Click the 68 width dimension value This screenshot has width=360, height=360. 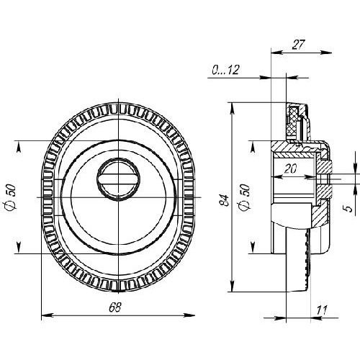[115, 307]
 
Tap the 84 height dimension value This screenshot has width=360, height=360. [225, 200]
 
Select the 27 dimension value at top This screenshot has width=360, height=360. [298, 45]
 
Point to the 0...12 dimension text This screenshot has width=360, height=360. [225, 70]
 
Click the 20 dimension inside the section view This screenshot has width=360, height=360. [290, 168]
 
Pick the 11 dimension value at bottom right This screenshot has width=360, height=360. [322, 310]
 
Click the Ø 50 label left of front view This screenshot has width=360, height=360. [12, 197]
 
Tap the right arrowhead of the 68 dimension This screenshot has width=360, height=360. [189, 315]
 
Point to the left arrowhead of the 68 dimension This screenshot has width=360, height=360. [47, 315]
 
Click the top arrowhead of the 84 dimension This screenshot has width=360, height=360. [232, 109]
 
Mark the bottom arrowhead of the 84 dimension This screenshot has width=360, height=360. [232, 286]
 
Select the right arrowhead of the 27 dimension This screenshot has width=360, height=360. [326, 53]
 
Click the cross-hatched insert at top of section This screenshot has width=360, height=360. [292, 122]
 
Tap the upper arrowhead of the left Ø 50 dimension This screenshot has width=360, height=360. [19, 146]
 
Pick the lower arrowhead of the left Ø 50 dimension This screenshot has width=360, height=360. [19, 248]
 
